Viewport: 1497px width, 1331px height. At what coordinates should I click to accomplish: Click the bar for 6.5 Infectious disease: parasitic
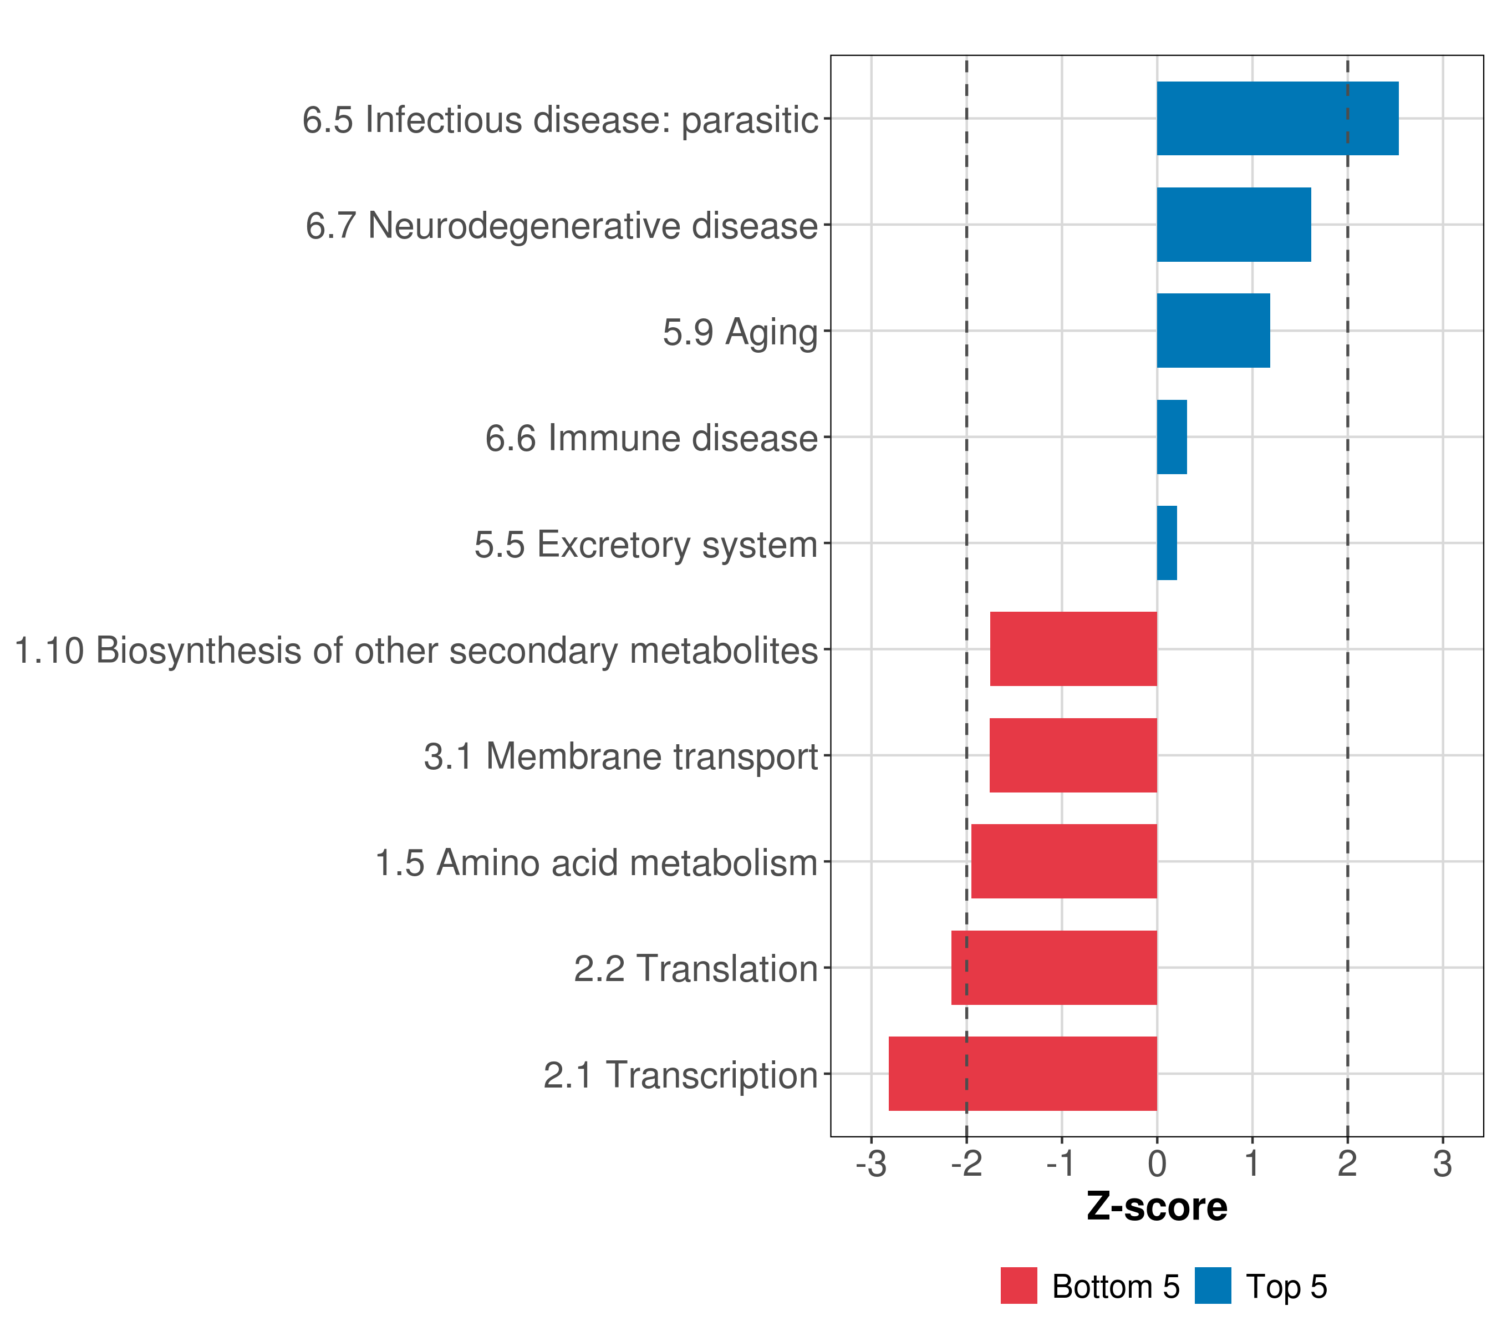(x=1277, y=119)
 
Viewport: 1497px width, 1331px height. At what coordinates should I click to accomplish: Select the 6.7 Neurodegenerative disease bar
(x=1234, y=225)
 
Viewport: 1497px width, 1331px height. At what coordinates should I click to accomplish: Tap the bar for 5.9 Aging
(x=1214, y=331)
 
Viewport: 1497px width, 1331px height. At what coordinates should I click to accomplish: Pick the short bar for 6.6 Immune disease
(x=1172, y=438)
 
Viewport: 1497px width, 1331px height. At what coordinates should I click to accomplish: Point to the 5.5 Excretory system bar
(x=1168, y=543)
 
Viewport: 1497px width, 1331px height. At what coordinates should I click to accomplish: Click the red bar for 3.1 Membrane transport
(x=1073, y=755)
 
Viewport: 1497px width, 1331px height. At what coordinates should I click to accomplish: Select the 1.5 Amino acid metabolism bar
(x=1064, y=861)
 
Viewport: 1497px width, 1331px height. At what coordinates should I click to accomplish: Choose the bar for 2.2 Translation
(x=1055, y=968)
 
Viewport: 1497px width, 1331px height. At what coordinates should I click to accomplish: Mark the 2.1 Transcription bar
(x=1023, y=1074)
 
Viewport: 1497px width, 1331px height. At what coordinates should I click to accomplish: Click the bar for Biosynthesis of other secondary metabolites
(x=1073, y=649)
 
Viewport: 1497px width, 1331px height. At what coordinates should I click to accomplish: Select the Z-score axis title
(x=1157, y=1206)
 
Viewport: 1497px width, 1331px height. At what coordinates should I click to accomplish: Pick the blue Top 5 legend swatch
(x=1213, y=1286)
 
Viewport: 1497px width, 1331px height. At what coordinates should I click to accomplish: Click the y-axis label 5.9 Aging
(x=740, y=333)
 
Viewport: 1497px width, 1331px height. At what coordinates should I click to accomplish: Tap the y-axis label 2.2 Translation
(x=696, y=968)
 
